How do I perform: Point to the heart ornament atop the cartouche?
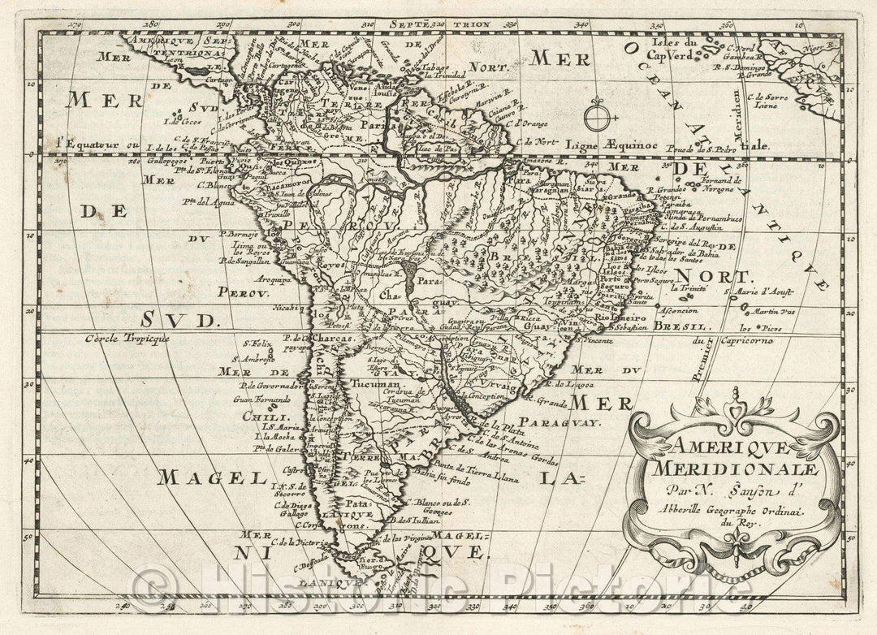pos(737,416)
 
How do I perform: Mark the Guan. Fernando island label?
pos(261,400)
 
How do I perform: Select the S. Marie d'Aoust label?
pos(760,290)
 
